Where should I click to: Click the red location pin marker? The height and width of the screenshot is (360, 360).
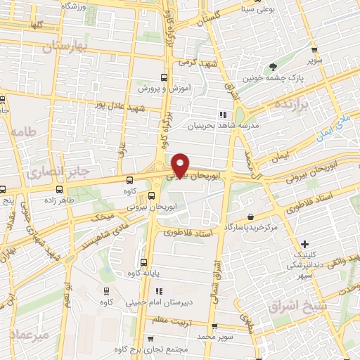[181, 164]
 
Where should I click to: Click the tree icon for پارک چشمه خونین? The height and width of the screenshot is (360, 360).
[273, 67]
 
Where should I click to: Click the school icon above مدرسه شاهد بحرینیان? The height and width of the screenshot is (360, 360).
[222, 115]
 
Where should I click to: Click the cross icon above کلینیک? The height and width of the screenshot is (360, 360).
[304, 243]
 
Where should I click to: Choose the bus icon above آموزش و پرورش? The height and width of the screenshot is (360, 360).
[164, 77]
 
